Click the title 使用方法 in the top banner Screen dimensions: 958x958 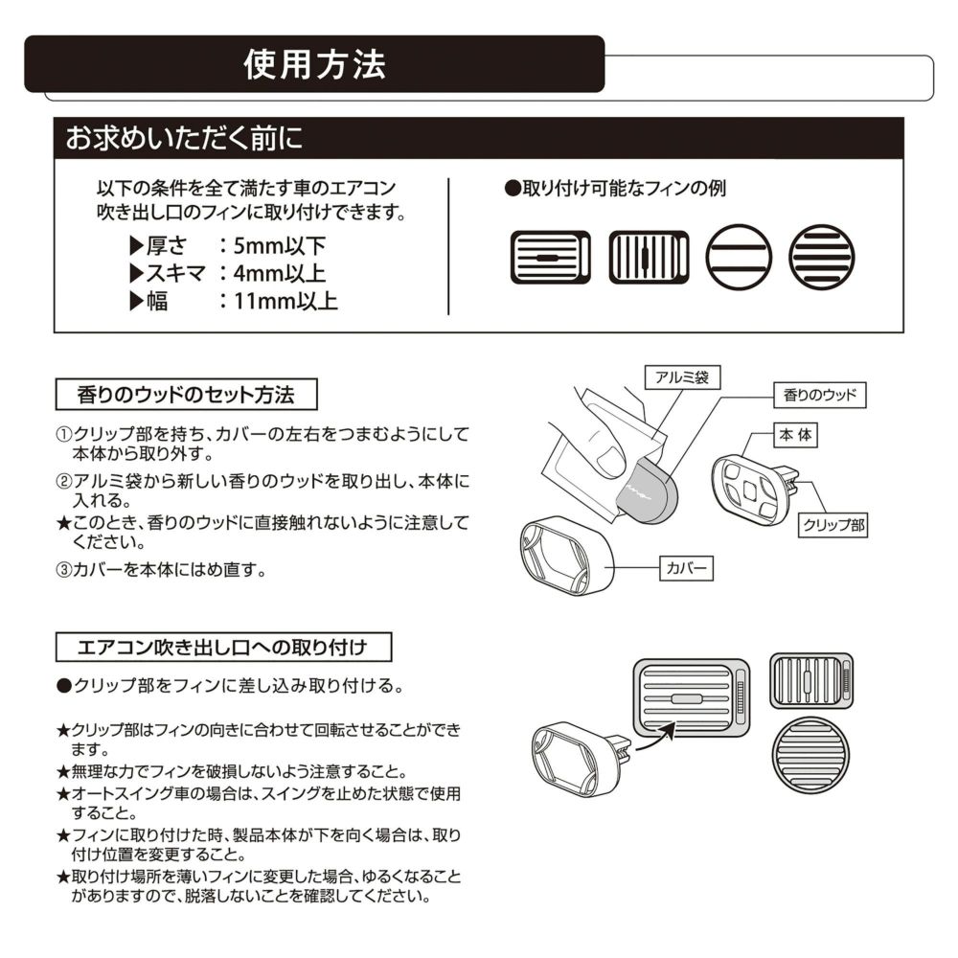click(x=314, y=64)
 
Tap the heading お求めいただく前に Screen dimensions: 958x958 click(x=184, y=138)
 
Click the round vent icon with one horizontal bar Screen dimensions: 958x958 click(x=739, y=258)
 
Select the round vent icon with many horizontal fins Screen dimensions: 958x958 click(x=821, y=258)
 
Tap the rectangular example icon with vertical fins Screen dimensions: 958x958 click(x=649, y=258)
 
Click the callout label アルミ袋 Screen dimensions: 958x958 click(x=682, y=377)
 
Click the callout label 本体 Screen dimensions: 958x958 click(x=795, y=435)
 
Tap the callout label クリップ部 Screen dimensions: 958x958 click(x=832, y=524)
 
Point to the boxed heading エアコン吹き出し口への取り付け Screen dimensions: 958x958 click(x=224, y=647)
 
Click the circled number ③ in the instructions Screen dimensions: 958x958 click(x=62, y=569)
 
